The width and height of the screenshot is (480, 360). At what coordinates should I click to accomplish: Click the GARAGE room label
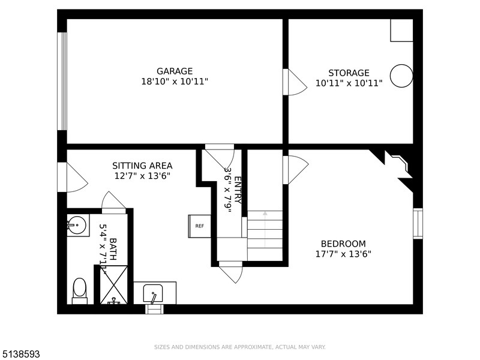(x=175, y=71)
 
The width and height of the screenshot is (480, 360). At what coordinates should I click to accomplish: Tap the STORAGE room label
(x=349, y=73)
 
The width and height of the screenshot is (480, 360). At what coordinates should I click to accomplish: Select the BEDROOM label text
(x=343, y=244)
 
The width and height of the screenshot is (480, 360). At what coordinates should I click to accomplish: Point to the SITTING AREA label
(x=142, y=166)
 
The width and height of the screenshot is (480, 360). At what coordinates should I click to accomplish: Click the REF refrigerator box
(x=199, y=226)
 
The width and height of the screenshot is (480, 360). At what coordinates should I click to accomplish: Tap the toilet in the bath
(x=80, y=290)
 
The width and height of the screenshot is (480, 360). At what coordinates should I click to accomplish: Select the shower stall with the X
(x=114, y=285)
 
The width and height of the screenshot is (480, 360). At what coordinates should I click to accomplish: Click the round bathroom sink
(x=77, y=225)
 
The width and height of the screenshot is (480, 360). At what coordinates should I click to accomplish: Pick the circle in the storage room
(x=401, y=76)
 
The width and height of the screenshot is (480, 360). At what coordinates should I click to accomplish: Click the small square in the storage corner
(x=401, y=31)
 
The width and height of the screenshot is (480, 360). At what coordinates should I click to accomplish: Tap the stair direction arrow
(x=265, y=229)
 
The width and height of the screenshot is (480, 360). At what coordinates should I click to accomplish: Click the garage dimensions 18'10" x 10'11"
(x=175, y=82)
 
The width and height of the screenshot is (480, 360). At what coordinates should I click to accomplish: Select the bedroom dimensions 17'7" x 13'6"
(x=343, y=254)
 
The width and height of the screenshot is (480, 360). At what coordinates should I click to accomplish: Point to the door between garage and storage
(x=295, y=82)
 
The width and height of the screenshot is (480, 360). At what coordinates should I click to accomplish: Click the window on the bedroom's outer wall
(x=418, y=223)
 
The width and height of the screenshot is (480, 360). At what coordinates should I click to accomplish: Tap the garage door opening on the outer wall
(x=62, y=81)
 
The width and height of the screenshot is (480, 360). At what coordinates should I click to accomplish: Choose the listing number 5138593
(x=20, y=354)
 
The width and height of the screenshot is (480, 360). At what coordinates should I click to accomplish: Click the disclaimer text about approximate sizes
(x=239, y=347)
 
